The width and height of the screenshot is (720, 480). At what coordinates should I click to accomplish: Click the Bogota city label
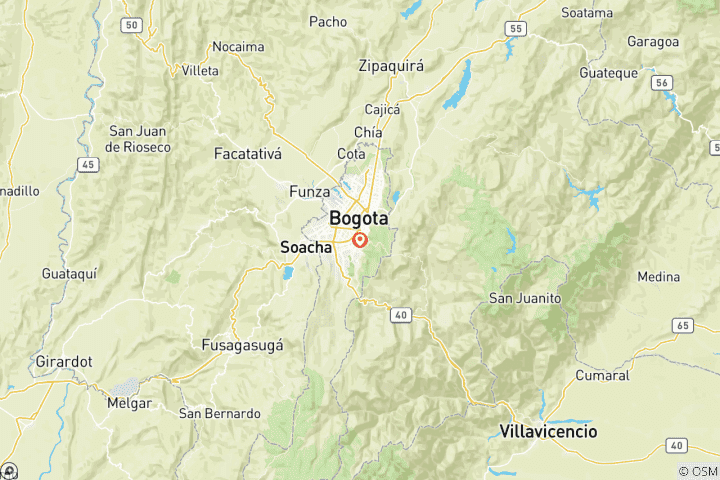click(x=358, y=218)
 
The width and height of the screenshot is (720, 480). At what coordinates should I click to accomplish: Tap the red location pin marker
click(x=359, y=240)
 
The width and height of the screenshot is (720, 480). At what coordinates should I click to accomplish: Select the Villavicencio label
click(x=548, y=432)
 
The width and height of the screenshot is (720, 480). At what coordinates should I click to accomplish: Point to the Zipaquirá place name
click(x=391, y=66)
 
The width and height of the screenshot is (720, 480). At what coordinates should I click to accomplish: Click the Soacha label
click(x=305, y=246)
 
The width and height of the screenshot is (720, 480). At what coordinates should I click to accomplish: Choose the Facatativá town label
click(x=248, y=154)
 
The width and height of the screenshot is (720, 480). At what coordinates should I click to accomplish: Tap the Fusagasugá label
click(x=242, y=345)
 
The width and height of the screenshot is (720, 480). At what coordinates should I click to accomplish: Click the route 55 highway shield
click(x=515, y=28)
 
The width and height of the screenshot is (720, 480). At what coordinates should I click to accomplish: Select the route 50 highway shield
click(x=130, y=23)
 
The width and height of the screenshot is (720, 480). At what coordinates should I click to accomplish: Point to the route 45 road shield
click(x=89, y=164)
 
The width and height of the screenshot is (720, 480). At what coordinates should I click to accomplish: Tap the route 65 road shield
click(x=683, y=325)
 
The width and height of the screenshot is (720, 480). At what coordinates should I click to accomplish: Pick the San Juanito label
click(x=524, y=298)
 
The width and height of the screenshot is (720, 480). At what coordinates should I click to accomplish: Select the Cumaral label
click(x=602, y=376)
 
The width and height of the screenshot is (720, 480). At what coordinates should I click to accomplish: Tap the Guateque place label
click(x=608, y=73)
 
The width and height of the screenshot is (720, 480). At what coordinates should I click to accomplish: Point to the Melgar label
click(x=129, y=403)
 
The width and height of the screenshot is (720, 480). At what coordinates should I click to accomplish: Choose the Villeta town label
click(x=200, y=71)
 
